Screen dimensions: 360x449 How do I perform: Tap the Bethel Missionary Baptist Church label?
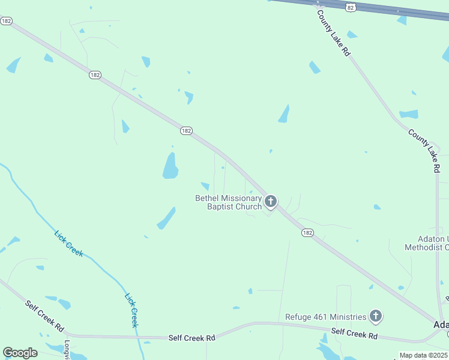tap(229, 202)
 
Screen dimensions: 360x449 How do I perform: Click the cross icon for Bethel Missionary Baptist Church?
tap(271, 201)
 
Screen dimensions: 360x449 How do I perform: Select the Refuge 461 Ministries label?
tap(325, 317)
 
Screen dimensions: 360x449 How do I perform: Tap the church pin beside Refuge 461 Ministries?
tap(376, 315)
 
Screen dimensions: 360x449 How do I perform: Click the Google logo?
tap(20, 353)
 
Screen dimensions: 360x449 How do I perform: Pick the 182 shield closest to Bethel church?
tap(307, 233)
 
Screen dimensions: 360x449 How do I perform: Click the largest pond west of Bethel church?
tap(170, 166)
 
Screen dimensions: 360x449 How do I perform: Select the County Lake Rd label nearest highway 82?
tap(334, 34)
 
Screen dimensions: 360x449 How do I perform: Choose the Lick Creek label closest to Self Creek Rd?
tap(131, 310)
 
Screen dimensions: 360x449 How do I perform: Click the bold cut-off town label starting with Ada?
tap(441, 325)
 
